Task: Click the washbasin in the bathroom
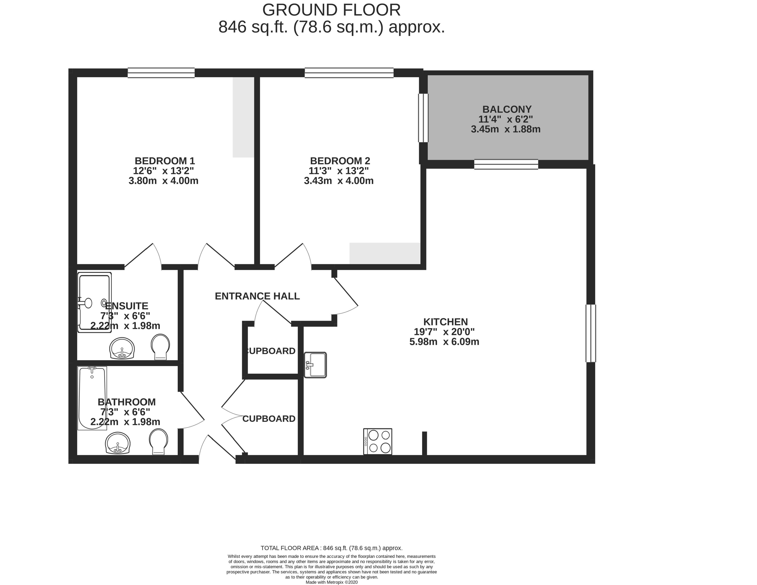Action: click(x=118, y=443)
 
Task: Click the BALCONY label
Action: click(x=507, y=109)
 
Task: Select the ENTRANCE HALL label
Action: click(x=257, y=296)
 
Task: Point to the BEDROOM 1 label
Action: click(x=165, y=161)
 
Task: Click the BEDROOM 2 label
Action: click(x=340, y=161)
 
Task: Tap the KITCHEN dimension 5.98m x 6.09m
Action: click(x=444, y=342)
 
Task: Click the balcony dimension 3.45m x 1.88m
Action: click(x=506, y=129)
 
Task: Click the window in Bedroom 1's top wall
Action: click(x=161, y=73)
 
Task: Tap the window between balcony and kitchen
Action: click(x=506, y=164)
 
